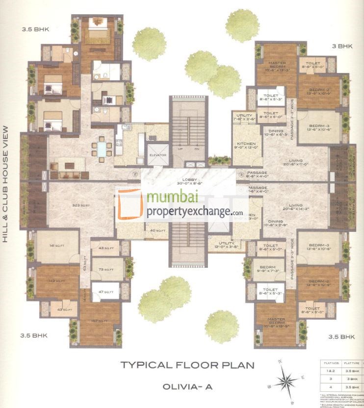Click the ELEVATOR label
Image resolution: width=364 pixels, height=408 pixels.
pyautogui.click(x=158, y=155)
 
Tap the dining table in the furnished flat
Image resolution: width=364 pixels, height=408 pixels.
pyautogui.click(x=102, y=148)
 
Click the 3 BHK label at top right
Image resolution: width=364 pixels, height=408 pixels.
pyautogui.click(x=342, y=46)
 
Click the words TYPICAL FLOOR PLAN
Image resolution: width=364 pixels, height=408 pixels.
pyautogui.click(x=188, y=364)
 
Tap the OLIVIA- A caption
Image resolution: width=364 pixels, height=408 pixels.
pyautogui.click(x=188, y=386)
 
